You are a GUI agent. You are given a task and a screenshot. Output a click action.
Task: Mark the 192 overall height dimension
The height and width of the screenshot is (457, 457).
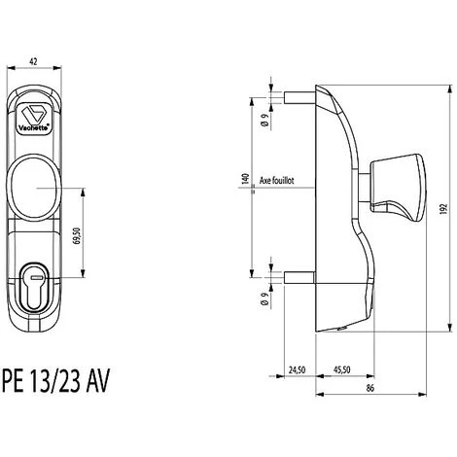tap(443, 211)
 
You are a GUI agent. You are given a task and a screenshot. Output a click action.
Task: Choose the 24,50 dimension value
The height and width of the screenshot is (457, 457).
tap(298, 369)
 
